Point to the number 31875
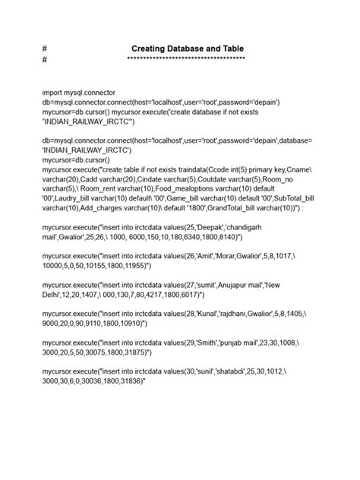click(130, 352)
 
